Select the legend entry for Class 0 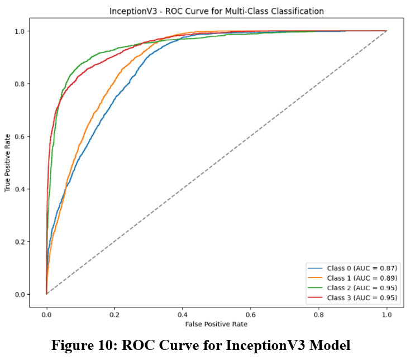click(x=362, y=268)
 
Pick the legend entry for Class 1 click(x=362, y=278)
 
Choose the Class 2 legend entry click(x=362, y=288)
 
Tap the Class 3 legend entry click(x=362, y=298)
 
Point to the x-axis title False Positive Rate click(x=216, y=324)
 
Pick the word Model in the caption click(x=331, y=345)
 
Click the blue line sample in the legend click(x=317, y=268)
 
